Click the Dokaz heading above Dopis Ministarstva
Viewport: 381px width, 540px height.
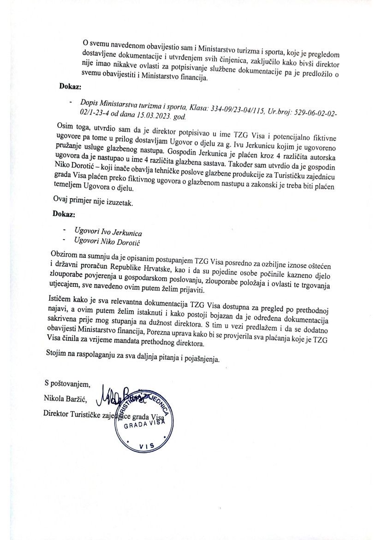tap(70, 86)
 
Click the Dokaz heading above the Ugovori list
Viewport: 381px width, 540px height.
tap(64, 214)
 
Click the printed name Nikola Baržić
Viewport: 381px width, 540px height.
tap(68, 398)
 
